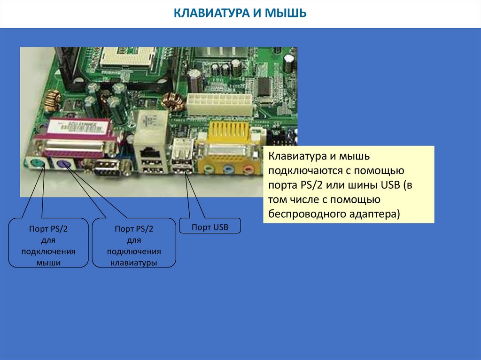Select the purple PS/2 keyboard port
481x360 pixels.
(64, 164)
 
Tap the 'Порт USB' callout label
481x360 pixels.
(209, 227)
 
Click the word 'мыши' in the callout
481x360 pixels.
(48, 263)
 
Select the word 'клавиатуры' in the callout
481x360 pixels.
(134, 263)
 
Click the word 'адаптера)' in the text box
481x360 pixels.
(375, 214)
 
